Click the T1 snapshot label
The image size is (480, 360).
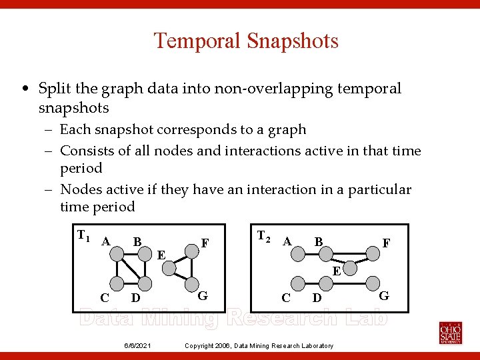(x=83, y=235)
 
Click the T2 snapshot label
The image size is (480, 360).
(x=263, y=235)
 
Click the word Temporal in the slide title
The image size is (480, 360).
(x=197, y=41)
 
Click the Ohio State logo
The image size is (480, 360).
(x=450, y=331)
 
